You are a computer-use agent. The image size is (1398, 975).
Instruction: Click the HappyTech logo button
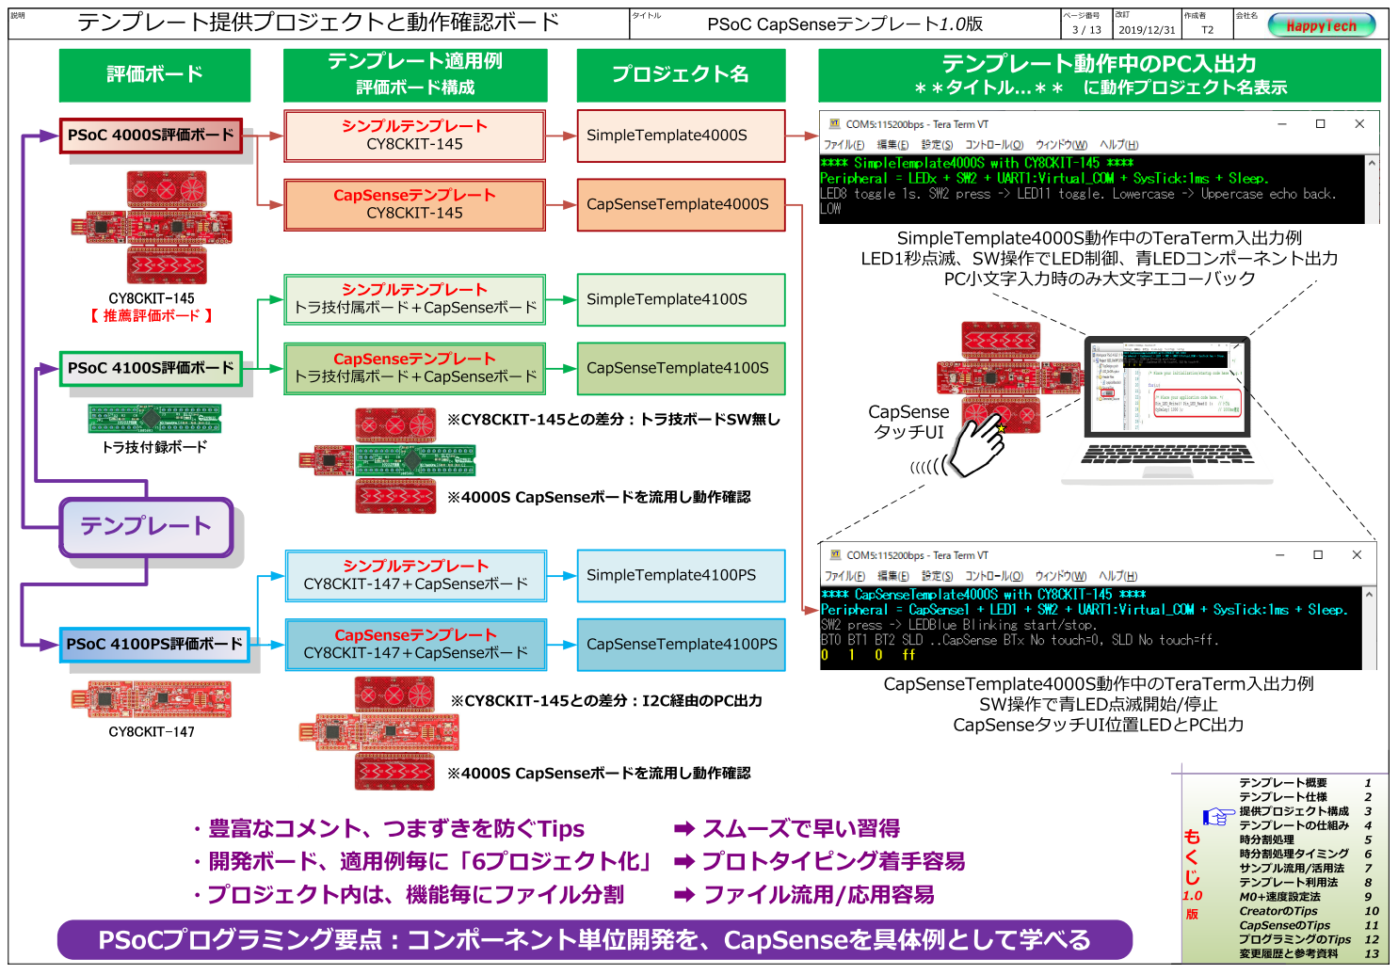tap(1321, 25)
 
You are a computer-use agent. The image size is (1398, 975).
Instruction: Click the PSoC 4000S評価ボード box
tap(151, 135)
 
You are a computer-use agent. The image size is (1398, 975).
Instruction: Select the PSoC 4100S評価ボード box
tap(151, 368)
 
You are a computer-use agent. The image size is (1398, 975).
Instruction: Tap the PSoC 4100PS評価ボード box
tap(154, 644)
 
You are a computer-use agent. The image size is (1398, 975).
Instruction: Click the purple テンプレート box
tap(146, 526)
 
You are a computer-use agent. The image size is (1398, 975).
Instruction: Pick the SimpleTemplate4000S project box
tap(680, 136)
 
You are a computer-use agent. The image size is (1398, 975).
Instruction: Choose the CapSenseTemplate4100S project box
tap(680, 368)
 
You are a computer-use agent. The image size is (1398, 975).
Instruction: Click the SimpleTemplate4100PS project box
tap(680, 575)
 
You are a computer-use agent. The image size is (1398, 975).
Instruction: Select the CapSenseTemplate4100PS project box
tap(680, 645)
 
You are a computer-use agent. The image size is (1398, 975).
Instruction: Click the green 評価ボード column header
tap(154, 74)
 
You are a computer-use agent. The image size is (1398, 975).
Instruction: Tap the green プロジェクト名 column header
tap(680, 74)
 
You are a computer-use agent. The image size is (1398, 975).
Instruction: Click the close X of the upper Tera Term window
tap(1358, 124)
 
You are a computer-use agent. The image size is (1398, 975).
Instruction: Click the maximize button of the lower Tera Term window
tap(1317, 555)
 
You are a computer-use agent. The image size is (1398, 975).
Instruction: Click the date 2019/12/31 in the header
tap(1146, 30)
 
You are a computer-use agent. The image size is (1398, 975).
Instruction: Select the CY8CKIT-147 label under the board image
tap(151, 731)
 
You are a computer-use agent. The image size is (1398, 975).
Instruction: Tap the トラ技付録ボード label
tap(154, 447)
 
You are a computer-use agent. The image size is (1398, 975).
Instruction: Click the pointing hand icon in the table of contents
tap(1217, 815)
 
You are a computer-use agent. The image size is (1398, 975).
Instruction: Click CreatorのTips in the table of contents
tap(1277, 911)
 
